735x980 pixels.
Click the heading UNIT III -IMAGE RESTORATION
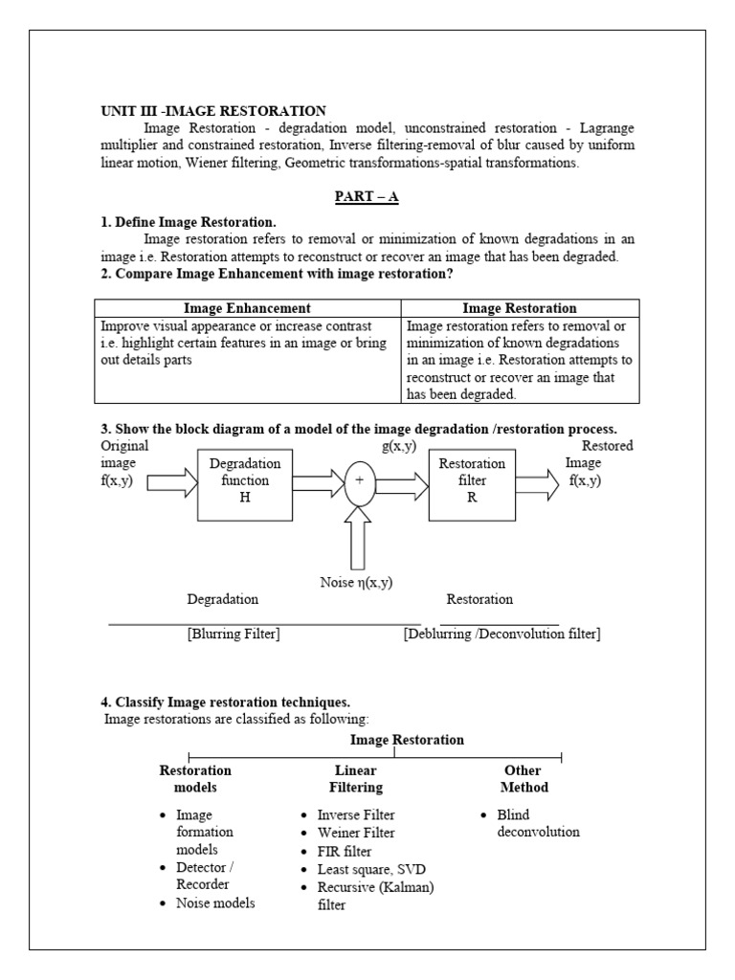point(213,111)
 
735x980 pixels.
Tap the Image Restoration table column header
point(520,308)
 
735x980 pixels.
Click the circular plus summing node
point(360,481)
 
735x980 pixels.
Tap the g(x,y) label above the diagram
point(398,447)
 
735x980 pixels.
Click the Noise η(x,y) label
point(357,583)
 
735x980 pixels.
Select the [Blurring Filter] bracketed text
point(234,634)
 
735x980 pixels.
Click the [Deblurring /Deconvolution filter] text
point(501,634)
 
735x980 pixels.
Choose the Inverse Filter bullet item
point(355,814)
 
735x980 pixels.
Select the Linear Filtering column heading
point(356,778)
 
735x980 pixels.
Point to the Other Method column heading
point(523,778)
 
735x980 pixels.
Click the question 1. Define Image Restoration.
point(189,222)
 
